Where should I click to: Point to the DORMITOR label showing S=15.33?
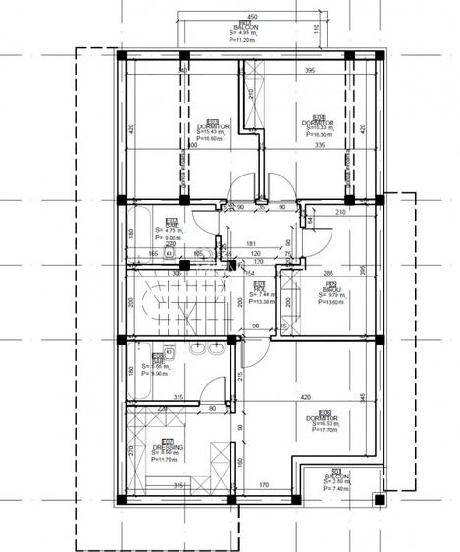(319, 123)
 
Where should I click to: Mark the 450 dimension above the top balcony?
(251, 17)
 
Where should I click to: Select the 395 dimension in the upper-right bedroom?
(309, 71)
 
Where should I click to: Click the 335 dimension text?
(320, 145)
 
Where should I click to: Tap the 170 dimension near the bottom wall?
(264, 484)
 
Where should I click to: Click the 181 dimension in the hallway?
(251, 243)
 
